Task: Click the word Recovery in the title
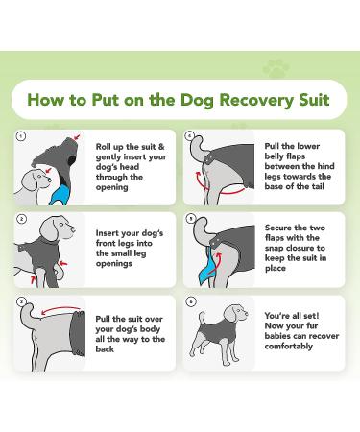256,100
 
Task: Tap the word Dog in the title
197,100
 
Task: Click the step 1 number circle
21,136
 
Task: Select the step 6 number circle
191,301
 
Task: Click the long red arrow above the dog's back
60,310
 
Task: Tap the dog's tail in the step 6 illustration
202,318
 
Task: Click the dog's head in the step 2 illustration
59,228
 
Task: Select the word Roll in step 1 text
104,147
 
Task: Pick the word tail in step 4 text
317,186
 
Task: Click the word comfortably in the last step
289,347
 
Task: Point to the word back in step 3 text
105,349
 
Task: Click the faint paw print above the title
276,69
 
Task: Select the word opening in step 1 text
112,187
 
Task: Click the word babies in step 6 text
277,336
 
